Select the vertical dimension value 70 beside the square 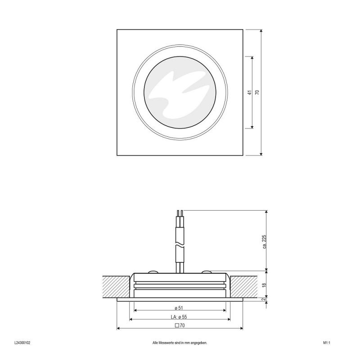click(257, 93)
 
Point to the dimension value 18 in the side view click(264, 284)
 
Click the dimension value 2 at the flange click(264, 300)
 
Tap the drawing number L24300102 click(22, 343)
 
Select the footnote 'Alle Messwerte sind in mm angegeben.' click(180, 343)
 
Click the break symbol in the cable click(180, 245)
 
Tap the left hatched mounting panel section click(115, 286)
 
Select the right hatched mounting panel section click(243, 286)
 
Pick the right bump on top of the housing click(207, 272)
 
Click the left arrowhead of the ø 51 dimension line click(135, 311)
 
